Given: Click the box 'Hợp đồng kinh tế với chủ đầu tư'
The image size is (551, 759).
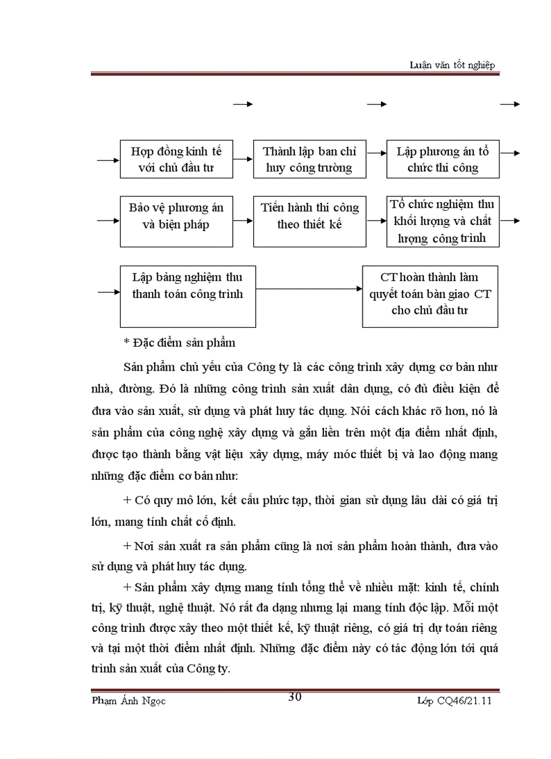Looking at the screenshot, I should click(x=176, y=160).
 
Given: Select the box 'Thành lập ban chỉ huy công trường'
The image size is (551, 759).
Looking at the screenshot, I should click(x=309, y=160).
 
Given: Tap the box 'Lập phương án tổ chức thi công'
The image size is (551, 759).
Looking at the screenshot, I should click(x=443, y=160).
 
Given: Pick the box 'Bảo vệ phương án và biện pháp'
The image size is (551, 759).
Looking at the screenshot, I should click(x=176, y=222).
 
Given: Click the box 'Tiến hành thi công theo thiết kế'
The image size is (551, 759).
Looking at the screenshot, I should click(x=309, y=222).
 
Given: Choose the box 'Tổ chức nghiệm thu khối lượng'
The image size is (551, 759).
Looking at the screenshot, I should click(x=443, y=222).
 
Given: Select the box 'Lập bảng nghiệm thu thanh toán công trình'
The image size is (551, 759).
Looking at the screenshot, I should click(x=188, y=296).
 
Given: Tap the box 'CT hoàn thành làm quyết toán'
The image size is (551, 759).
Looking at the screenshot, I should click(x=430, y=296).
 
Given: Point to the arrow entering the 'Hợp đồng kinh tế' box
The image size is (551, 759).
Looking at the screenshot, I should click(x=108, y=160).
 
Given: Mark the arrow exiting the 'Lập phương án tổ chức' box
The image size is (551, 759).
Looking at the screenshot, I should click(x=510, y=153).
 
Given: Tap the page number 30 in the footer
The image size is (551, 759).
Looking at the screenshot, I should click(x=295, y=697).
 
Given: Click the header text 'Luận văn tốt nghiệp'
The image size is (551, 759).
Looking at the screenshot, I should click(x=452, y=65).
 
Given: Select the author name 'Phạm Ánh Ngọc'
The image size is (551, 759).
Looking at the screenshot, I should click(x=128, y=701).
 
